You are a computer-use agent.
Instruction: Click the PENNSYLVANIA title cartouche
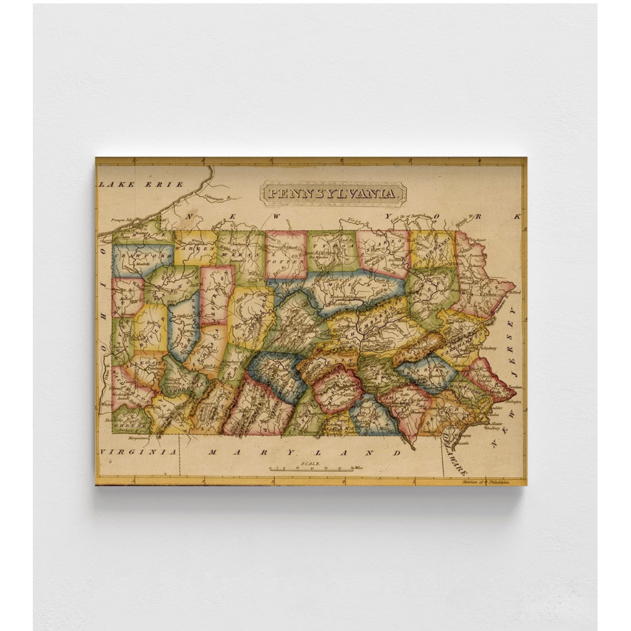tap(333, 192)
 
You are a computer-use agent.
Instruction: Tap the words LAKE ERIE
tap(140, 184)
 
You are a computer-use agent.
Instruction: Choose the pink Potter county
tap(285, 254)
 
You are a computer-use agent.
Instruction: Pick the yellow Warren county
tap(195, 247)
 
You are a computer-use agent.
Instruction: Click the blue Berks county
tap(426, 372)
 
